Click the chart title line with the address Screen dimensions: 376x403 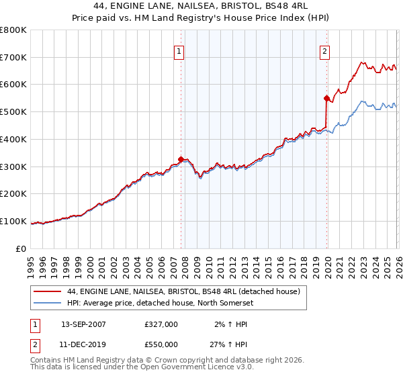click(201, 6)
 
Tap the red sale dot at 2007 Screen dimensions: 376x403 click(181, 159)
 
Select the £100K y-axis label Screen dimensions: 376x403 click(13, 221)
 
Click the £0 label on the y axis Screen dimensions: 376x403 click(20, 248)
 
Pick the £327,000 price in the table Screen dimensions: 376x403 click(161, 324)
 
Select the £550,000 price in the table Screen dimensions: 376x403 click(161, 344)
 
